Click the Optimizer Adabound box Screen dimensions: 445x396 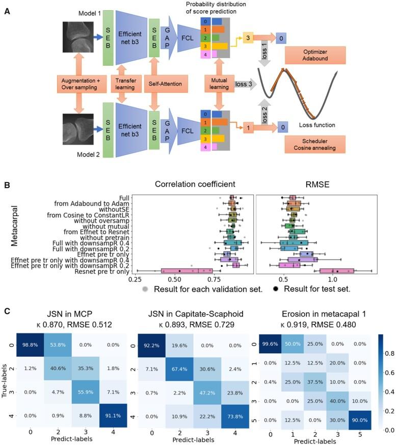(x=316, y=55)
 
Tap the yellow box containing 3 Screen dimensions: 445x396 (x=247, y=37)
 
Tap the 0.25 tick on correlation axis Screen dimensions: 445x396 (x=135, y=280)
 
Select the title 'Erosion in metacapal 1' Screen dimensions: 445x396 (x=316, y=311)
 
